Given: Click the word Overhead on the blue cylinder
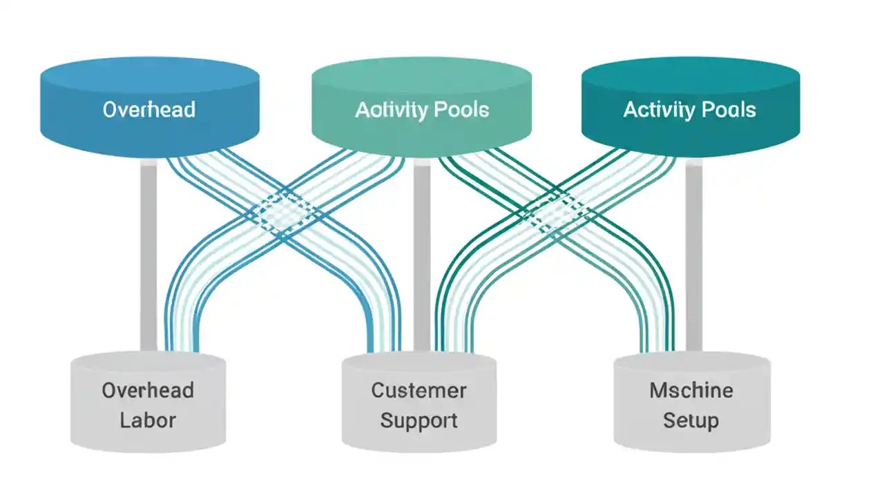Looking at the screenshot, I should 148,109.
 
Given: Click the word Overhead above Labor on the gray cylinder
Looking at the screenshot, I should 148,391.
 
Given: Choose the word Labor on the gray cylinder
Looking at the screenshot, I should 148,420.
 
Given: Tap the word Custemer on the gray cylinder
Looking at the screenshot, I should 419,391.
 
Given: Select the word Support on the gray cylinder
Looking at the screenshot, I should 419,420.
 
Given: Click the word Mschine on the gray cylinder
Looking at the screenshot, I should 691,391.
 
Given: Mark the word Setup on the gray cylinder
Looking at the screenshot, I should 691,420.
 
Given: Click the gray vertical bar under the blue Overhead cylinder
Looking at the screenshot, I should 148,255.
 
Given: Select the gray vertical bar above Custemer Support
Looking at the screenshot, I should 421,255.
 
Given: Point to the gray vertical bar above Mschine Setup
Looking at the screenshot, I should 693,255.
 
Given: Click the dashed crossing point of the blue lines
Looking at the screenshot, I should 284,211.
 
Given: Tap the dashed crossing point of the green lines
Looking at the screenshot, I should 557,211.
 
